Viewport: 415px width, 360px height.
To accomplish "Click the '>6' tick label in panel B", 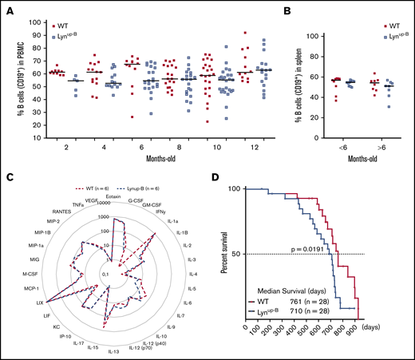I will point(373,148).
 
